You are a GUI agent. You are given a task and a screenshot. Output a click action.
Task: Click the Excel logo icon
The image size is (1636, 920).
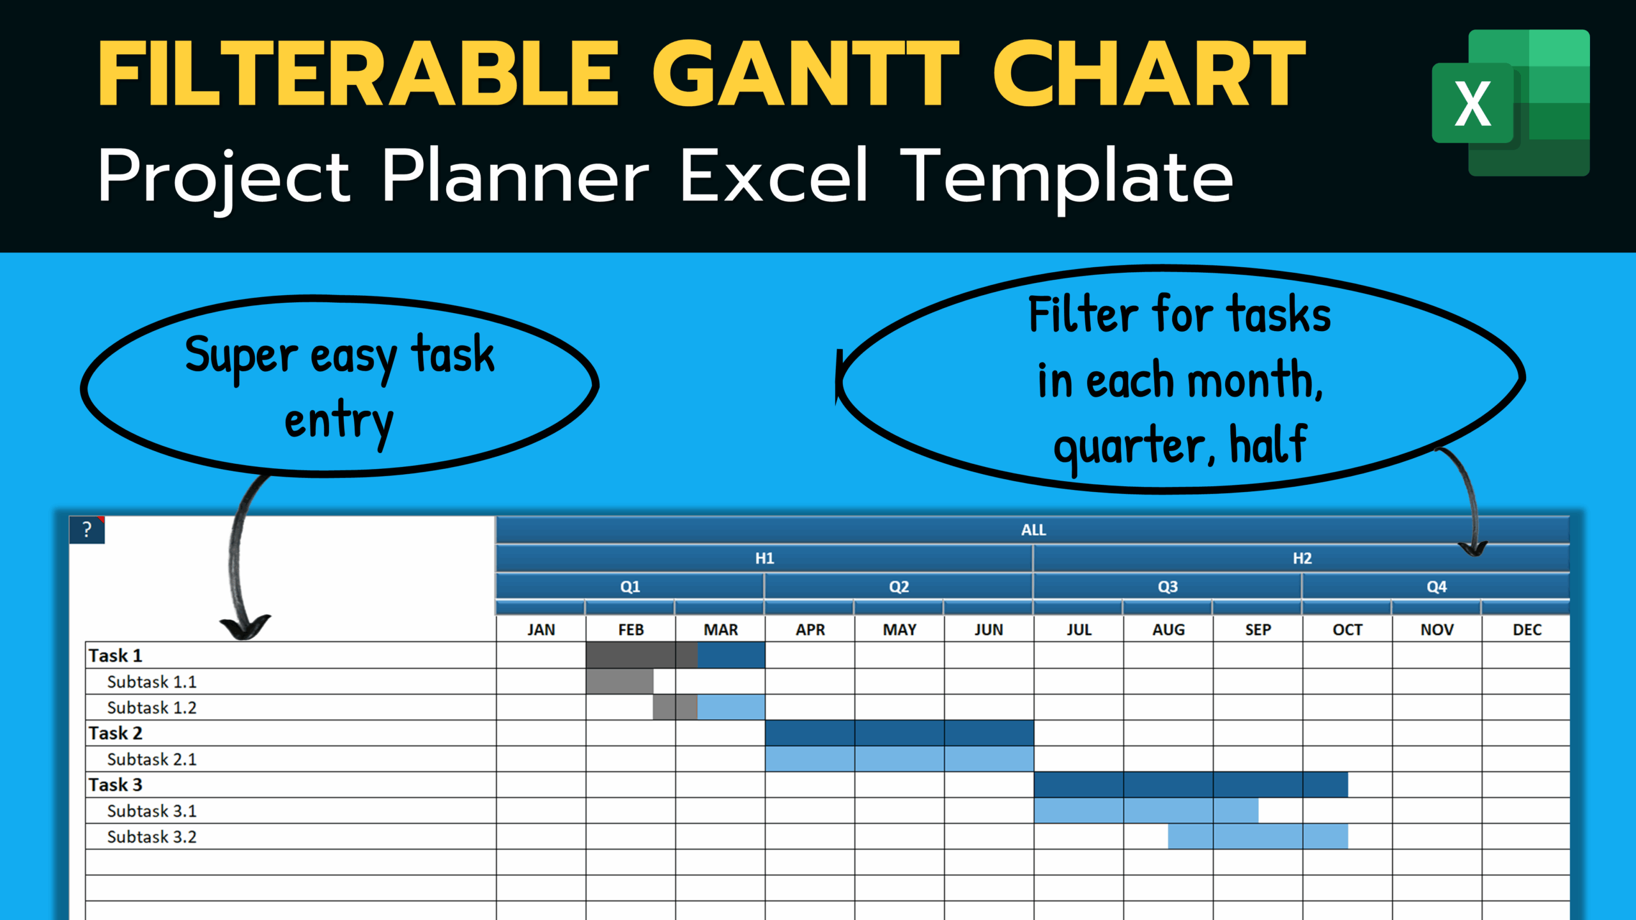point(1511,102)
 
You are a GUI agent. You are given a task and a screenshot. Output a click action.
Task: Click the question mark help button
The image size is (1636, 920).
point(87,530)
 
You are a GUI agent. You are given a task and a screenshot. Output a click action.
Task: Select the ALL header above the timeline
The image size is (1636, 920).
point(1033,530)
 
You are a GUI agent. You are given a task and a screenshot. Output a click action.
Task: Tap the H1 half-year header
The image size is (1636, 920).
point(764,558)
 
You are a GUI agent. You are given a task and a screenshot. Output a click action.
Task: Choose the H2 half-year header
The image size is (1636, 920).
point(1302,558)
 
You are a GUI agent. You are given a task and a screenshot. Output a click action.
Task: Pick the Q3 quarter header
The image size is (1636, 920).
point(1168,586)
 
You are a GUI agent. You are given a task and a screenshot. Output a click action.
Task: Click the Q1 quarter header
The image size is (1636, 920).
point(630,586)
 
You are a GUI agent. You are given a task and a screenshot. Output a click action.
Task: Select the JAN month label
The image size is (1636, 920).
point(541,630)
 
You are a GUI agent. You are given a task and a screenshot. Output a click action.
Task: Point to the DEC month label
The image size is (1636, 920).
point(1527,630)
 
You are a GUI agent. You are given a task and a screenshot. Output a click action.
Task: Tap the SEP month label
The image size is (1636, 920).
point(1258,630)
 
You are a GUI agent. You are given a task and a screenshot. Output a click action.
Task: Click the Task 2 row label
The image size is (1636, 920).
point(116,733)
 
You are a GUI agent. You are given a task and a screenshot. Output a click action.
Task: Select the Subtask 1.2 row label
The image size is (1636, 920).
point(152,708)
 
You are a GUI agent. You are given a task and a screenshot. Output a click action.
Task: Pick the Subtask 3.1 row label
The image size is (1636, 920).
point(152,811)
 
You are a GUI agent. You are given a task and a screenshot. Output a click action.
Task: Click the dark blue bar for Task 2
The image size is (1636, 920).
point(899,733)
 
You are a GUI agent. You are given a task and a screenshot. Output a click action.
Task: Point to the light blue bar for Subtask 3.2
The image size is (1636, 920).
point(1258,836)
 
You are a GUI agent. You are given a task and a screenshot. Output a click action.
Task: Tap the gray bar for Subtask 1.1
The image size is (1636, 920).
point(619,682)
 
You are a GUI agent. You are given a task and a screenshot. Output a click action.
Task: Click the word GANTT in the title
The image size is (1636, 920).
point(805,73)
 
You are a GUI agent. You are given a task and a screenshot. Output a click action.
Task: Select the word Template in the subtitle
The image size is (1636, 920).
point(1067,176)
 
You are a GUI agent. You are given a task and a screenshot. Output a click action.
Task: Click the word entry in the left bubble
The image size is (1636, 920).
point(339,422)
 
